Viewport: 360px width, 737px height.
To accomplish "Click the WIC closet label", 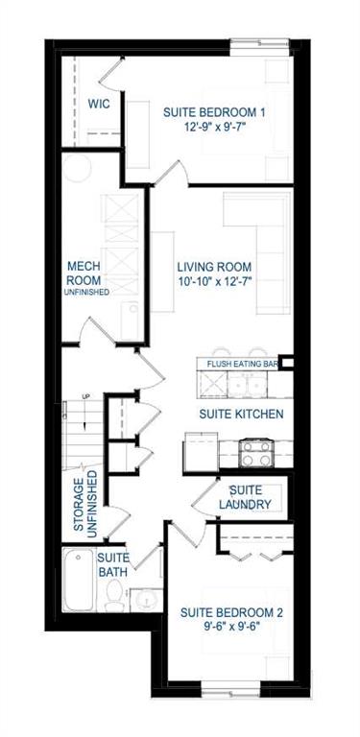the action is (99, 104).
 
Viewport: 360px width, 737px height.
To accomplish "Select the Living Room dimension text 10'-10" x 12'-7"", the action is (214, 281).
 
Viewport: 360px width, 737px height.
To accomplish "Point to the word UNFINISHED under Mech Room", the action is (87, 292).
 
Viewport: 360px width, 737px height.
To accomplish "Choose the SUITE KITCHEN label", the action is (241, 415).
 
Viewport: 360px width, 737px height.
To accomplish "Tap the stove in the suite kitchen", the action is (255, 453).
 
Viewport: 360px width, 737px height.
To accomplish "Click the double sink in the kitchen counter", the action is (247, 386).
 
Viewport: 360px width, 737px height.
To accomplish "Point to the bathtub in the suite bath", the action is (79, 580).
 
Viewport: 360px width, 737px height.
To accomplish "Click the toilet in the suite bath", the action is (114, 595).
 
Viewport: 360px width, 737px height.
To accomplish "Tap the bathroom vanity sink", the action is (145, 600).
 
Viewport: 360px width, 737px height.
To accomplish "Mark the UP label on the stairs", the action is (85, 396).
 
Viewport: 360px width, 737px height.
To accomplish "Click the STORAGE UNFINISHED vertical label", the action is (85, 504).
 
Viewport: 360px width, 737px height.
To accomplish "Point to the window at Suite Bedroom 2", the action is (230, 692).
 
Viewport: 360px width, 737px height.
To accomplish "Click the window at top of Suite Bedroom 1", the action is (260, 44).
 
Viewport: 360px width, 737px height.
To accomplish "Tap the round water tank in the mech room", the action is (77, 168).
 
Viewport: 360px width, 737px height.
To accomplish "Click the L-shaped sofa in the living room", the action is (257, 252).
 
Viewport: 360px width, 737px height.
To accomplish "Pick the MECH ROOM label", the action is (84, 273).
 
